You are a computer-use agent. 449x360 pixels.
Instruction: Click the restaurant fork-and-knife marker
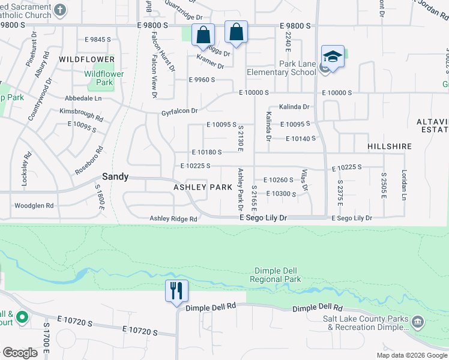pos(176,291)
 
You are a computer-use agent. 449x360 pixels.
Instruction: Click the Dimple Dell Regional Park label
pos(276,275)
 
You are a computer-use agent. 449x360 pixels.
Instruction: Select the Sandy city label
pos(115,176)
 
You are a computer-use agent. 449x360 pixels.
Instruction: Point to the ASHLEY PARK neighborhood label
pos(203,187)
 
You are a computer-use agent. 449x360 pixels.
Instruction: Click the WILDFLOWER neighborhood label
pos(86,59)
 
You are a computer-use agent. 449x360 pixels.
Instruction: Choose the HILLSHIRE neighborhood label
pos(390,146)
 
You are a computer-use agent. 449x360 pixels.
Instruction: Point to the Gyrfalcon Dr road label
pos(179,111)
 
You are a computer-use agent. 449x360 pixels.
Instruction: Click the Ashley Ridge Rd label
pos(173,219)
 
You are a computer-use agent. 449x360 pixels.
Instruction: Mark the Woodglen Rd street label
pos(34,205)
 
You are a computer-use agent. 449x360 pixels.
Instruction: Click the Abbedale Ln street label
pos(83,97)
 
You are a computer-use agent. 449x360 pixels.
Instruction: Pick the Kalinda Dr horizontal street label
pos(294,107)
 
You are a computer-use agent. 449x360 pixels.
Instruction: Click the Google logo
pos(20,353)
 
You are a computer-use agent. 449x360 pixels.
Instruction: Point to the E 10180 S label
pos(207,153)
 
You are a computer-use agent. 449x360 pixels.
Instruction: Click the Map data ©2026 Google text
pos(411,355)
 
